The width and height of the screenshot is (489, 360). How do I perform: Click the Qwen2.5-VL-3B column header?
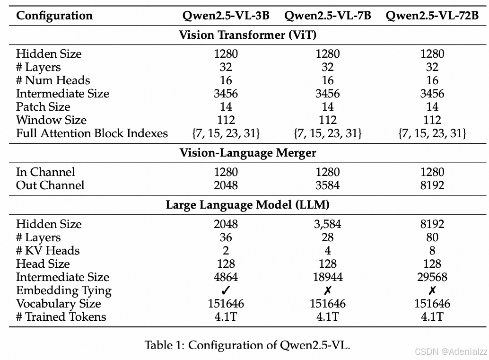point(226,16)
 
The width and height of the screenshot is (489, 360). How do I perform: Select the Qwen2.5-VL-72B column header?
point(432,16)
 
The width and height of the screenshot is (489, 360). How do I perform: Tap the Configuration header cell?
point(54,16)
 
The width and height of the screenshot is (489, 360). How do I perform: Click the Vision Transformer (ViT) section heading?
point(247,35)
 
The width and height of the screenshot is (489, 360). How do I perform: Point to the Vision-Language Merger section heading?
point(247,153)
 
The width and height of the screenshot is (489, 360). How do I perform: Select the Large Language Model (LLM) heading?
point(247,205)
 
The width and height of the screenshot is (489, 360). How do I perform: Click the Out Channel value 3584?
point(328,185)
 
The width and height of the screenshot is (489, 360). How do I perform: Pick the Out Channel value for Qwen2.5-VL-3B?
point(226,185)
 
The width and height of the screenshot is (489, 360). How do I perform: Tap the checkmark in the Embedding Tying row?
point(226,290)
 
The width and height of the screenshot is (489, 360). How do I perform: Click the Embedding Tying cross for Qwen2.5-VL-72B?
point(432,290)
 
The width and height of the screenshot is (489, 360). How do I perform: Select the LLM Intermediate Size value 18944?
point(328,277)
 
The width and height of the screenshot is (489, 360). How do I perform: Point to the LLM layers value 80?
point(432,237)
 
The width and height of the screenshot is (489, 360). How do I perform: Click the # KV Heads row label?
point(48,250)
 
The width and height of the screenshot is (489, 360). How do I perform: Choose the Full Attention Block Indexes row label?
point(92,133)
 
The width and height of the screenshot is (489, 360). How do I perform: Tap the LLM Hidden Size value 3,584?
point(328,224)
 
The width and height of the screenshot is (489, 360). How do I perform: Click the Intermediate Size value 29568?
point(432,277)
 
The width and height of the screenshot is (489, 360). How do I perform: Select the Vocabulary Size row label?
point(58,303)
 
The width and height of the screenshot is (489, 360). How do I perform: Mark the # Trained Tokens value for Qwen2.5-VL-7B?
point(328,316)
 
